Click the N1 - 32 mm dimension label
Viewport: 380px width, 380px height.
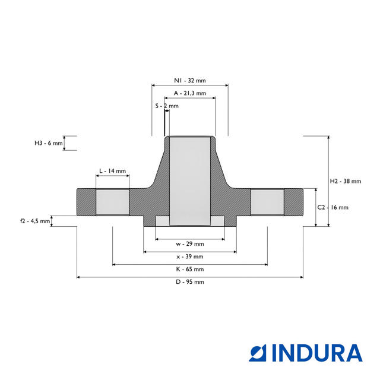pyautogui.click(x=190, y=81)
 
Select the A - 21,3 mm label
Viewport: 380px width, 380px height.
pyautogui.click(x=190, y=93)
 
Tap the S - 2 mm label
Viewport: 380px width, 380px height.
pyautogui.click(x=167, y=106)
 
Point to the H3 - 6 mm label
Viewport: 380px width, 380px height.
pyautogui.click(x=49, y=143)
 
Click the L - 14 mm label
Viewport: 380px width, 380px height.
pyautogui.click(x=112, y=171)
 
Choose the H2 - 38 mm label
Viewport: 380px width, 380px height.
pyautogui.click(x=346, y=181)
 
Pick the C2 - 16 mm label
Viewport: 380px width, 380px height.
pyautogui.click(x=332, y=207)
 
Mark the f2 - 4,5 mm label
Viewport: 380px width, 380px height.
pyautogui.click(x=35, y=221)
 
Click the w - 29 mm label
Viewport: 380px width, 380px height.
pyautogui.click(x=190, y=244)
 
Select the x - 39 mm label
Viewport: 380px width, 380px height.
pyautogui.click(x=190, y=256)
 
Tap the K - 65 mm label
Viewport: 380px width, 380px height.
pyautogui.click(x=190, y=269)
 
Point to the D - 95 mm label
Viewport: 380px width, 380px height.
pyautogui.click(x=190, y=282)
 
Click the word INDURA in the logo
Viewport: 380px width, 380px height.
pyautogui.click(x=317, y=353)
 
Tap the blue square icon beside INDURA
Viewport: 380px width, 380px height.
pyautogui.click(x=258, y=353)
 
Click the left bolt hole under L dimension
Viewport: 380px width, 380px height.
pyautogui.click(x=112, y=202)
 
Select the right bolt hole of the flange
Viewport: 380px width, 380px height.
pyautogui.click(x=267, y=202)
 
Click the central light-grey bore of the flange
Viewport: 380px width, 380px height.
pyautogui.click(x=190, y=181)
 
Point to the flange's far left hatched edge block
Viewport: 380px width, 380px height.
pyautogui.click(x=86, y=202)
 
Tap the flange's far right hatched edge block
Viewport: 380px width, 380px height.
pyautogui.click(x=293, y=202)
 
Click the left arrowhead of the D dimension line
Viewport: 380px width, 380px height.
pyautogui.click(x=78, y=277)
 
